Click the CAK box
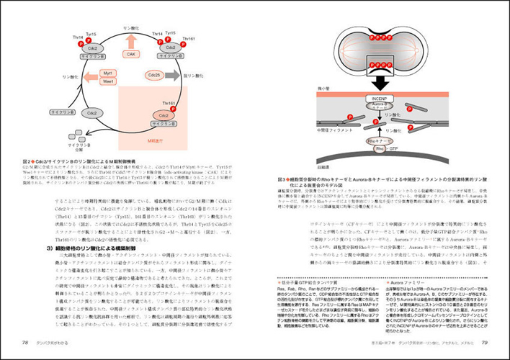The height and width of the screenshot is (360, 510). coord(130,54)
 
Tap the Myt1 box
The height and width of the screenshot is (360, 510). coord(107,73)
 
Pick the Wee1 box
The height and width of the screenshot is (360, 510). coord(107,81)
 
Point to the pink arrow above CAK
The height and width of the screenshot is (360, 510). coord(130,41)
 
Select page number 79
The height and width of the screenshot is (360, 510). coord(485,341)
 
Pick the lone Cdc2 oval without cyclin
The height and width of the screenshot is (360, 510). coord(91,113)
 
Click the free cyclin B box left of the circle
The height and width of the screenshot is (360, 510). coord(59,113)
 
